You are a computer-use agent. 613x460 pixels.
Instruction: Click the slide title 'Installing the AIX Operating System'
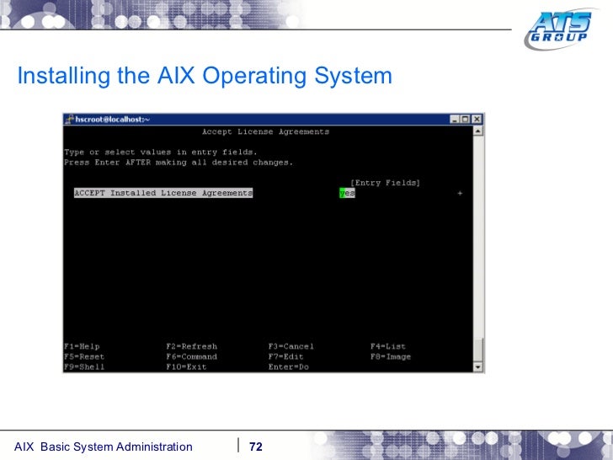(x=205, y=77)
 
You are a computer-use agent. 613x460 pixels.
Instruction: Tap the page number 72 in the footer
(x=256, y=447)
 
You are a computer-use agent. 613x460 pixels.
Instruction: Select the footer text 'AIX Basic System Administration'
(x=104, y=447)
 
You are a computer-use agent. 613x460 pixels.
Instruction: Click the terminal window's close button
(x=477, y=120)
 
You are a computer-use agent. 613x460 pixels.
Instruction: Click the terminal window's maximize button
(x=466, y=120)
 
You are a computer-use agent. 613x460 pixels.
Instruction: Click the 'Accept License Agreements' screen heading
(x=265, y=132)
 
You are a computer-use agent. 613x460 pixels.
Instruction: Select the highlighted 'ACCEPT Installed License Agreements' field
(x=163, y=193)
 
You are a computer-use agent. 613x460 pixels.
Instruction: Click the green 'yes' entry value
(x=346, y=193)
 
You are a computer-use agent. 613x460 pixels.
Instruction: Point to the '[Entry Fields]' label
(x=386, y=183)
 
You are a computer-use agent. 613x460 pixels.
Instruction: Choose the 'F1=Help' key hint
(x=82, y=346)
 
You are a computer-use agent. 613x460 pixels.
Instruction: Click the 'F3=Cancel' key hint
(x=291, y=346)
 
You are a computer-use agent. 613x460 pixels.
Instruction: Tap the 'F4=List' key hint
(x=387, y=346)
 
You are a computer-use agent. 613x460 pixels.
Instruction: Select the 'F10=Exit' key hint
(x=186, y=366)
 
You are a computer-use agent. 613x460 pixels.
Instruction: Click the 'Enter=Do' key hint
(x=288, y=366)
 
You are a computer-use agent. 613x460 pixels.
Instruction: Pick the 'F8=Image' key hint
(x=391, y=356)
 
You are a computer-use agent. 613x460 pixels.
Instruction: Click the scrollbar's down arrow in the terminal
(x=478, y=366)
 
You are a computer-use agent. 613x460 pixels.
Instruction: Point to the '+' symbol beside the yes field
(x=460, y=193)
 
